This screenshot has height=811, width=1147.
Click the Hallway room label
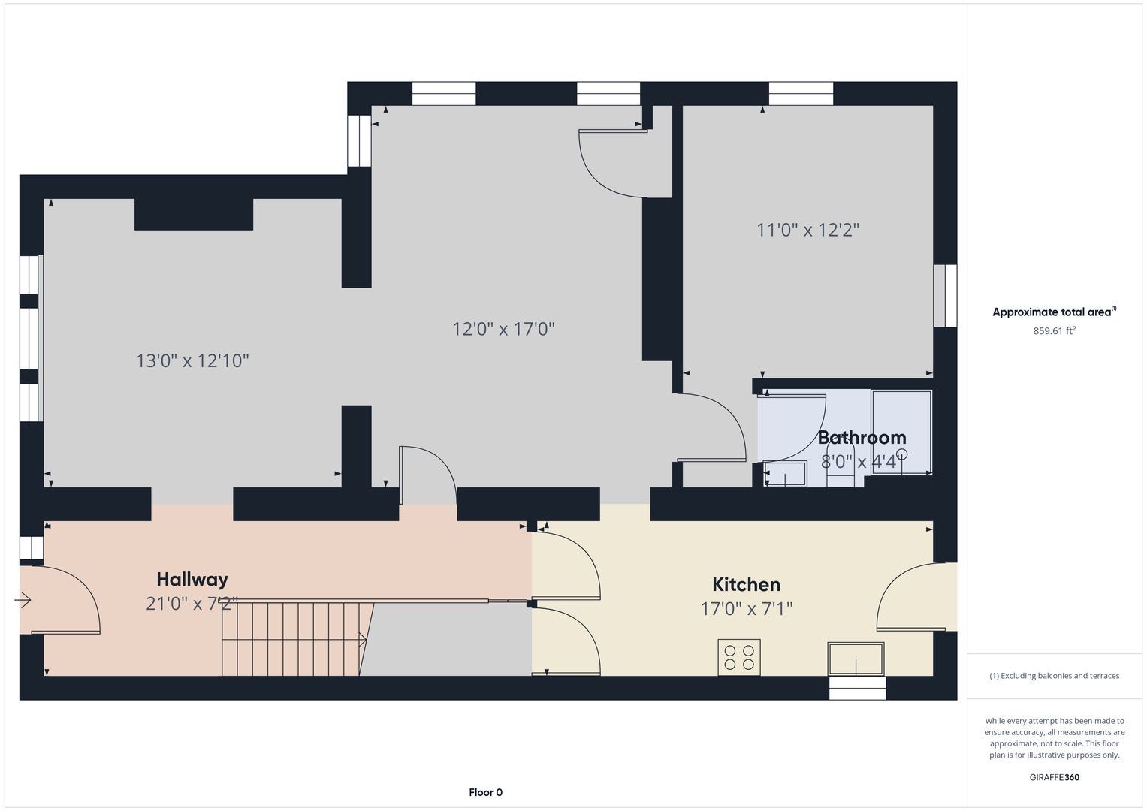tap(192, 580)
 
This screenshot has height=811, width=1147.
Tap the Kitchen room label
tap(746, 585)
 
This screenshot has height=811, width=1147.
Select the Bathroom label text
tap(862, 438)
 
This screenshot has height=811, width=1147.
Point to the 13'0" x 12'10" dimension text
tap(192, 361)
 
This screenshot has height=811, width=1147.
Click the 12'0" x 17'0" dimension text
tap(503, 329)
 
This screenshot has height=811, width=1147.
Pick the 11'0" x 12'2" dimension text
tap(808, 230)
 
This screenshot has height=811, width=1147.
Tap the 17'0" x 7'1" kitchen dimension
tap(747, 609)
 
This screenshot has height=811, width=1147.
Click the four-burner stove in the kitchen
tap(739, 657)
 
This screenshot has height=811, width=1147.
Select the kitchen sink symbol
tap(856, 659)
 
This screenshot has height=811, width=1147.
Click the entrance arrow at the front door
tap(23, 600)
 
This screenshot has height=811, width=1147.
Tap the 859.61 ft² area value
tap(1054, 330)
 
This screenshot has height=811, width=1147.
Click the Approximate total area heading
tap(1055, 312)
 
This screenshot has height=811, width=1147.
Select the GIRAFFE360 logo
tap(1055, 777)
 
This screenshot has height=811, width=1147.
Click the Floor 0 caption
tap(485, 792)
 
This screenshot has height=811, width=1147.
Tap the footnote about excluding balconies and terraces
tap(1055, 676)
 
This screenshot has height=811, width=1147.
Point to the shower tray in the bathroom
tap(901, 432)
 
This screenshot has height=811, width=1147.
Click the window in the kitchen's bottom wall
tap(857, 688)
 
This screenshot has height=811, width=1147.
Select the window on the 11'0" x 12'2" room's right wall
tap(945, 295)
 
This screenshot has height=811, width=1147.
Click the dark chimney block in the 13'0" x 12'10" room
tap(194, 215)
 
